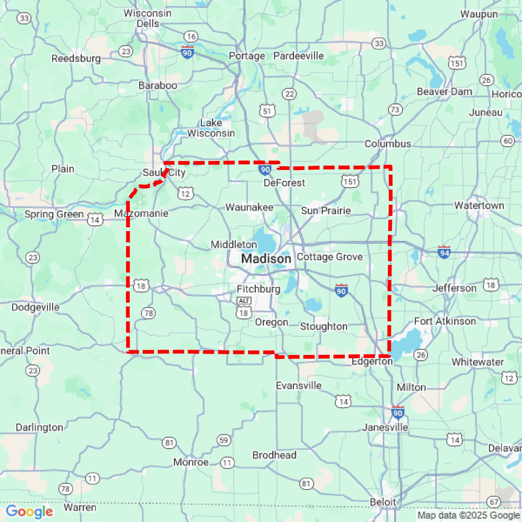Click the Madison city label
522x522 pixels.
coord(266,259)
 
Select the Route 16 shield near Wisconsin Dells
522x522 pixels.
coord(191,36)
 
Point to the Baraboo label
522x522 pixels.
coord(158,85)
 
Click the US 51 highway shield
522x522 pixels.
coord(267,111)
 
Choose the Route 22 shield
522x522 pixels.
coord(289,94)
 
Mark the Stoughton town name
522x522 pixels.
coord(324,326)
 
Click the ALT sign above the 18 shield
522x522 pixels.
coord(244,301)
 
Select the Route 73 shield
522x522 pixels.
coord(395,110)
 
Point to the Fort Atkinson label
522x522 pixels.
coord(445,321)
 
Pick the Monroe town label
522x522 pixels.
coord(191,462)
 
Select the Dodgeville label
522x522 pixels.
coord(35,307)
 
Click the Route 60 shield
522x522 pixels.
coord(508,141)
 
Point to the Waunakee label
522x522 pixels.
coord(249,207)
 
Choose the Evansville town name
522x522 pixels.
coord(299,385)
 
